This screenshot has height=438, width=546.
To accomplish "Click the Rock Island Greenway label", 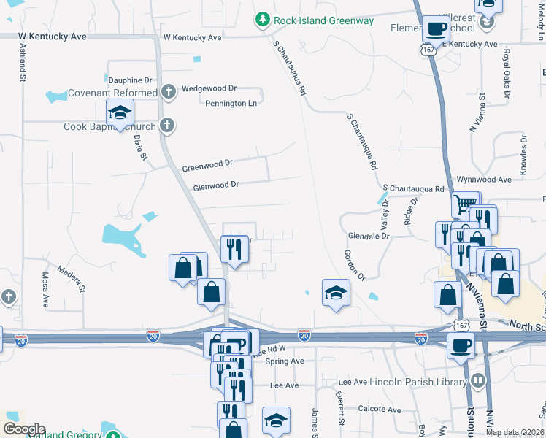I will point(324,20).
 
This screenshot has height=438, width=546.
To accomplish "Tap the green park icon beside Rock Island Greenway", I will point(262,20).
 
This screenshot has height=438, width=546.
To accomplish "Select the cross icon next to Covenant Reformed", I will point(169,92).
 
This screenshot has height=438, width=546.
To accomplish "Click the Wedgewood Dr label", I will point(209,88).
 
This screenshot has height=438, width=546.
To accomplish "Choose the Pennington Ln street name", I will point(231,104).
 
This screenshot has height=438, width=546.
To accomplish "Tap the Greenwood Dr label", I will point(207,165).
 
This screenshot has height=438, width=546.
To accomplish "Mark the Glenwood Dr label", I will point(216,185).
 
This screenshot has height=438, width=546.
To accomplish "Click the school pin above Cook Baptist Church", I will point(120,112).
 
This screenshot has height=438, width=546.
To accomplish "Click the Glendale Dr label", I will point(369,237).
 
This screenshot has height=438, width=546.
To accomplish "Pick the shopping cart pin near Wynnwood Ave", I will point(465,204).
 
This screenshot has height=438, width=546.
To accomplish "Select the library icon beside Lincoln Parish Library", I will point(478,380).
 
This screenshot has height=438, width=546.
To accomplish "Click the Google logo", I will point(24,429).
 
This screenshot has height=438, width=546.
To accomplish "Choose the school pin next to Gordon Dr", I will point(336,293).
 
